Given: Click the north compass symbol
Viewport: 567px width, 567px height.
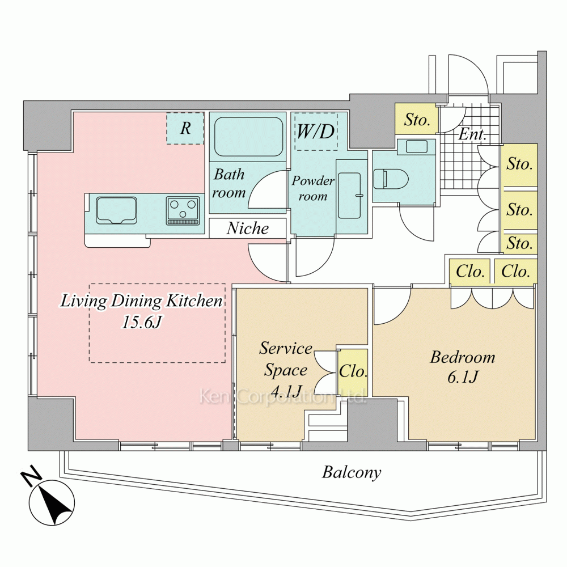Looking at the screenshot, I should tap(51, 498).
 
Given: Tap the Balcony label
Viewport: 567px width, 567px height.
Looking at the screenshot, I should tap(352, 472).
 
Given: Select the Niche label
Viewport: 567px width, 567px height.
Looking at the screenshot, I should tap(248, 229).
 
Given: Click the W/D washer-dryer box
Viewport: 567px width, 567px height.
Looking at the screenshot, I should tap(316, 132).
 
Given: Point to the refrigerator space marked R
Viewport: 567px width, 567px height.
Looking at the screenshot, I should tap(185, 128).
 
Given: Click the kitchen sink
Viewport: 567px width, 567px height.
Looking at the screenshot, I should tap(116, 210).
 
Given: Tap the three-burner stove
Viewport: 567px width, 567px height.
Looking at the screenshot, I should tap(183, 210).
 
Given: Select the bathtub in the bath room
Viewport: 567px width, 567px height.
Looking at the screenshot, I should tap(248, 137).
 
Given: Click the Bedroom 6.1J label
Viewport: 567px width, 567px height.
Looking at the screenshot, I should tap(463, 367).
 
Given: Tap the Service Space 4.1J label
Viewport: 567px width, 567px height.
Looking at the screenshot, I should tap(286, 369).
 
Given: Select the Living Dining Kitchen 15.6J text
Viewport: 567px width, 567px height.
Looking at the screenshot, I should tap(142, 311).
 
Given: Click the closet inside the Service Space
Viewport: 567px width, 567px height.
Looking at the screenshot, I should tap(353, 373).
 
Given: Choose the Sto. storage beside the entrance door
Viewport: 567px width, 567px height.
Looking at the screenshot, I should tap(417, 120).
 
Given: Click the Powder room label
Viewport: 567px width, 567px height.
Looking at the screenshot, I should tap(313, 189).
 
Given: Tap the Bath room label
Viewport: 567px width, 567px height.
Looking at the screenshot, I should tap(229, 183).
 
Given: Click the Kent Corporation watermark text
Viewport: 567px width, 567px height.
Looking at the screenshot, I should tap(283, 396).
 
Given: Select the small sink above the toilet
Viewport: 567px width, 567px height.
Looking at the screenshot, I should tap(417, 147).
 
